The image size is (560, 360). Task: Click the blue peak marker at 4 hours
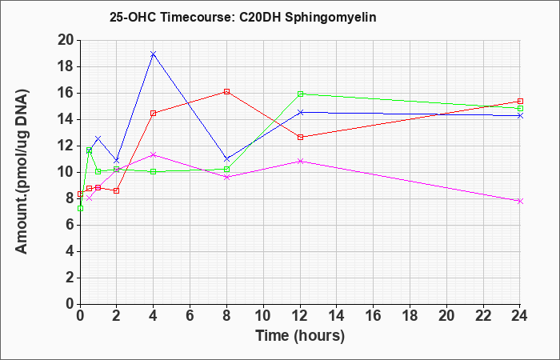tap(154, 54)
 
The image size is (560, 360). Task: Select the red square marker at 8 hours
tap(226, 91)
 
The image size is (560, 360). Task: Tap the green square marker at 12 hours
tap(300, 94)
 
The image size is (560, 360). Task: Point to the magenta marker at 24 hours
tap(520, 202)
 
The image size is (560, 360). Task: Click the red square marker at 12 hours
tap(300, 137)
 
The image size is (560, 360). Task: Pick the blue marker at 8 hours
tap(226, 159)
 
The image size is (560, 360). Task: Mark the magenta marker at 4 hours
tap(154, 154)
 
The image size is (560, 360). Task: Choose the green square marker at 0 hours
tap(80, 208)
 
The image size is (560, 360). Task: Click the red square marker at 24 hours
tap(520, 102)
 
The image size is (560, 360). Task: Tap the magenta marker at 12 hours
tap(300, 161)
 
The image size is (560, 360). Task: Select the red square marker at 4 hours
tap(154, 114)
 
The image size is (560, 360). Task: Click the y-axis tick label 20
tap(66, 40)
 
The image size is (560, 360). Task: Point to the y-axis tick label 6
tap(70, 225)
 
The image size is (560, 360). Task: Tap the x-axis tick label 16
tap(374, 316)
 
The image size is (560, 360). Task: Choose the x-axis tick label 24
tap(520, 316)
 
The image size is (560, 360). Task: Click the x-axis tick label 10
tap(263, 316)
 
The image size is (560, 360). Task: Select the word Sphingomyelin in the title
tap(330, 17)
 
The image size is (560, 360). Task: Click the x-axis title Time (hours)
tap(300, 336)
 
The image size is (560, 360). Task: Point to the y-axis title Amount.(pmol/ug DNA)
tap(22, 172)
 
